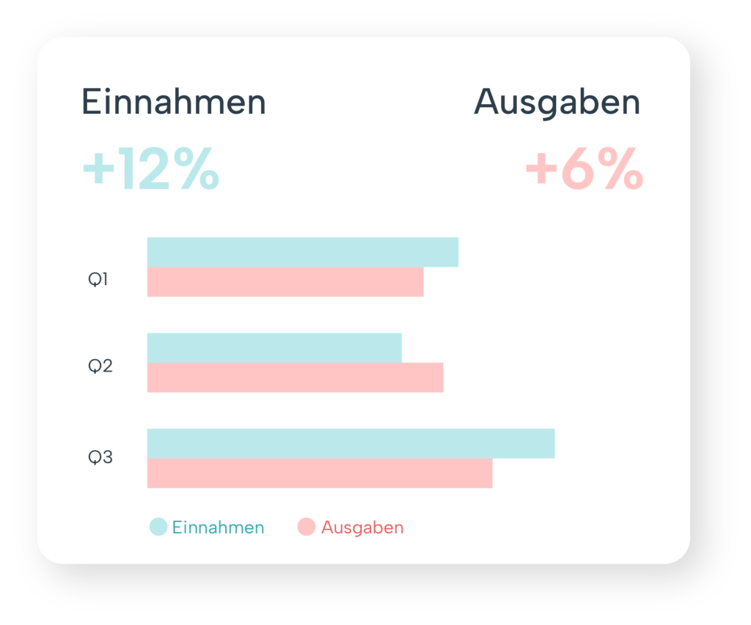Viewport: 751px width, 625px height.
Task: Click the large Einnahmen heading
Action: click(x=173, y=103)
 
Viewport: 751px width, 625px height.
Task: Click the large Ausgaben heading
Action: click(x=557, y=103)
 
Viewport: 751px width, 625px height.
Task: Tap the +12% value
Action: click(x=150, y=169)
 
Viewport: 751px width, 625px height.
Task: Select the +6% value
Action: click(x=584, y=169)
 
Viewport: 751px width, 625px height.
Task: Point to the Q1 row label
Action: click(x=98, y=279)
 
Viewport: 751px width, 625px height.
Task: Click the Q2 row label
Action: click(x=100, y=366)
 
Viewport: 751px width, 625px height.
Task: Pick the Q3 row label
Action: click(x=100, y=457)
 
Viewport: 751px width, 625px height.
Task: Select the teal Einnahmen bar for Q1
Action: click(x=302, y=252)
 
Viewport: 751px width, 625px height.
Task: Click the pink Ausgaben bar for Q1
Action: click(x=285, y=282)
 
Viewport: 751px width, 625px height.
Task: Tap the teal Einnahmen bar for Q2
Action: click(x=274, y=348)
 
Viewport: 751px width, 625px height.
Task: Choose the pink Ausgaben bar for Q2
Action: click(x=295, y=377)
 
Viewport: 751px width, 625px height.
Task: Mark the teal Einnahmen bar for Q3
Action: click(x=351, y=443)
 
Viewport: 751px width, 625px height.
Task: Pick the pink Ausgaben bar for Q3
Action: click(x=320, y=473)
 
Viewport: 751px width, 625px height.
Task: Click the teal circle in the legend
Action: click(x=158, y=527)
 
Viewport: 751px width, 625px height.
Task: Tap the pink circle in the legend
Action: click(x=307, y=527)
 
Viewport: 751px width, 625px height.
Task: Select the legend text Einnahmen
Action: click(x=218, y=528)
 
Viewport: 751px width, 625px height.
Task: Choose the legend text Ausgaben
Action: click(x=362, y=528)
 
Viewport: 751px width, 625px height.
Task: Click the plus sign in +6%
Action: click(x=541, y=171)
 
